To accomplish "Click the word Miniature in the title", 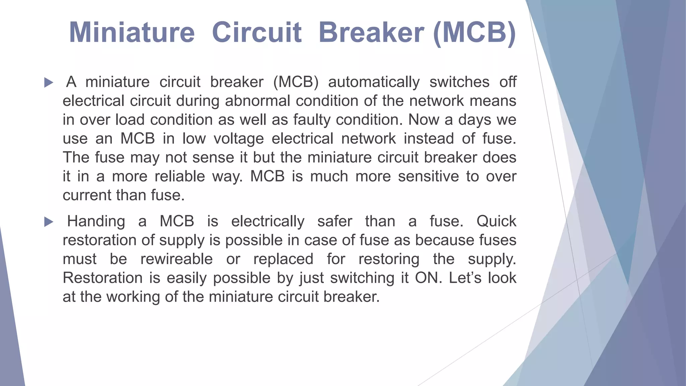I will coord(132,33).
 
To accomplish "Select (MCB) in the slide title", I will coord(474,33).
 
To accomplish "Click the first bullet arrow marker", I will coord(49,82).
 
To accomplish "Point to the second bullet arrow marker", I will coord(49,222).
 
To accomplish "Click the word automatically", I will coord(373,82).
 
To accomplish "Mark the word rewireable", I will coord(177,259).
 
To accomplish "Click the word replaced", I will coord(283,259).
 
